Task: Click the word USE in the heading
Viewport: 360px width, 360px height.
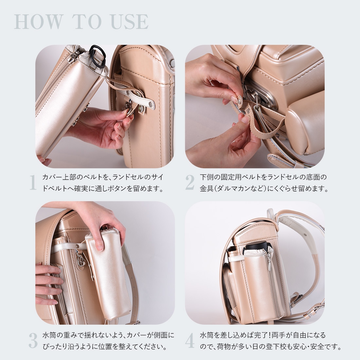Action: [130, 22]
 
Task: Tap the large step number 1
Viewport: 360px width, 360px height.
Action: [33, 183]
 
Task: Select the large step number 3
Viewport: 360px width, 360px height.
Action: [33, 341]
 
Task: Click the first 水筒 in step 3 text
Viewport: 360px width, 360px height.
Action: [50, 335]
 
